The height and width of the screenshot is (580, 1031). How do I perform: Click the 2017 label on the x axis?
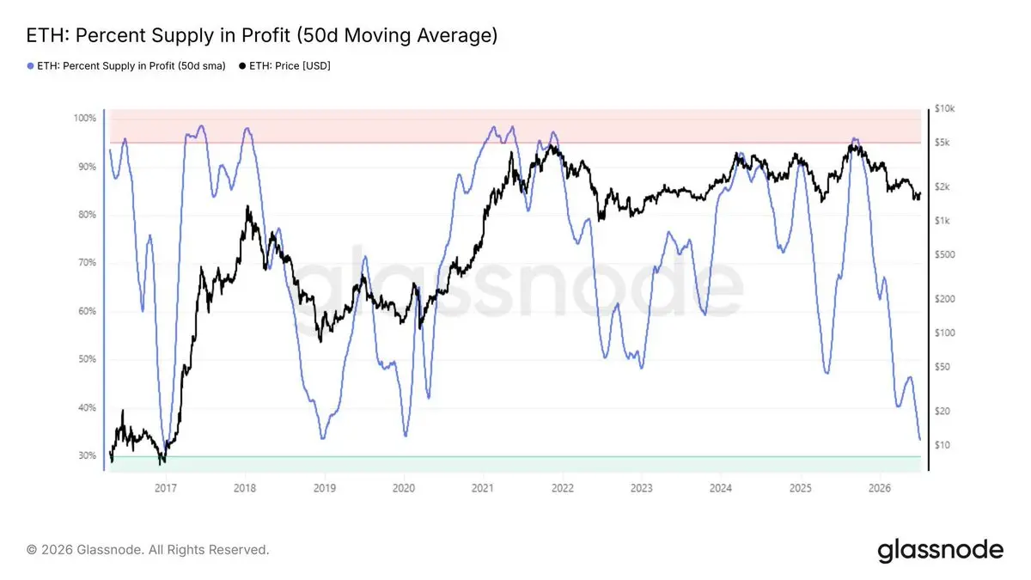[165, 488]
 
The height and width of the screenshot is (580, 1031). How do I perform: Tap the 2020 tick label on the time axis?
[404, 488]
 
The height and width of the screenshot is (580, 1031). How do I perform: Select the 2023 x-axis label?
[642, 488]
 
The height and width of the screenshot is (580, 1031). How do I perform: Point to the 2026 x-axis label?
[880, 488]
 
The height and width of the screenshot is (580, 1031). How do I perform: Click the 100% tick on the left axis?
[85, 119]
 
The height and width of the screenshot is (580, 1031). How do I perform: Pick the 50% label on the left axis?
[87, 359]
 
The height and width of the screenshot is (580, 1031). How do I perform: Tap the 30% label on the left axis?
[87, 455]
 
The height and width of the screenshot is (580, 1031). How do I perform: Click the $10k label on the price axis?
[944, 108]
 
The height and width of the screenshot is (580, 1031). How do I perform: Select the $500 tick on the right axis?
[944, 254]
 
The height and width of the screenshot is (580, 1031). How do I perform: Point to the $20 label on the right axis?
[943, 411]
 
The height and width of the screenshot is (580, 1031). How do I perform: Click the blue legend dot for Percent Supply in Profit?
[30, 66]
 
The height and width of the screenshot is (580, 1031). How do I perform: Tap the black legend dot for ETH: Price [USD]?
[242, 66]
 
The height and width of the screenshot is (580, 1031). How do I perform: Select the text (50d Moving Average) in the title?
[397, 35]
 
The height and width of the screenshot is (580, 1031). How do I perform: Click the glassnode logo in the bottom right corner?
[940, 551]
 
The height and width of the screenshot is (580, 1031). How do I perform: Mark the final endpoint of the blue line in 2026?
[920, 440]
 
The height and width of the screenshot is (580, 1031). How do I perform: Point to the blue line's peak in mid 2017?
[201, 125]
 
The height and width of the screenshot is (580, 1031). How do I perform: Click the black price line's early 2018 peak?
[247, 207]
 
